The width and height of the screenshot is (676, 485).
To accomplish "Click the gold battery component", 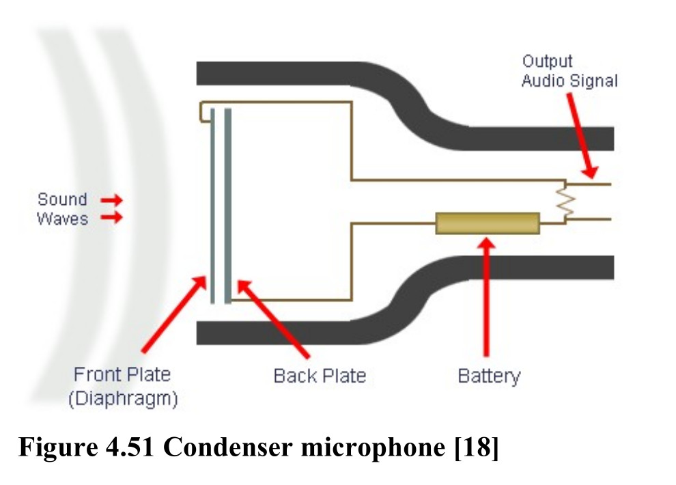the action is [488, 223].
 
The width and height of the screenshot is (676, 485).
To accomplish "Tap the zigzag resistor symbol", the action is [565, 201].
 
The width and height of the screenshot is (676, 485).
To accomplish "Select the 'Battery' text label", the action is [489, 376].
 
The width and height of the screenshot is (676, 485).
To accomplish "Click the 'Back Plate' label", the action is [320, 376].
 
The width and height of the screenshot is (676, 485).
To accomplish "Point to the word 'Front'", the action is [97, 374].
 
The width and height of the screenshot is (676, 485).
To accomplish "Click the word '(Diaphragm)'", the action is [124, 398].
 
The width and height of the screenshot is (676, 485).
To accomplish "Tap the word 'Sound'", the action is [62, 199].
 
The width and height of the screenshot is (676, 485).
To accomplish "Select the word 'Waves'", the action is [62, 219].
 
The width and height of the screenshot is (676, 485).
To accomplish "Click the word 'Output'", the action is [547, 61].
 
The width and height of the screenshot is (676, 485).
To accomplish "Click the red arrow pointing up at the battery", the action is [487, 297].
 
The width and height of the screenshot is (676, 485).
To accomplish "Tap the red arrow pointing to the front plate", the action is [173, 314].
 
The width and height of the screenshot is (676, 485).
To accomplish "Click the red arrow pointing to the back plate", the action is [273, 319].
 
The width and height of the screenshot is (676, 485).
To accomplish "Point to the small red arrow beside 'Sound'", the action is [112, 200].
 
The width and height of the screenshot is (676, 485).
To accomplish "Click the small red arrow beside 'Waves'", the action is [112, 217].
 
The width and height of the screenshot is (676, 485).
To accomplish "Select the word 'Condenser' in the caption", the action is [228, 447].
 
